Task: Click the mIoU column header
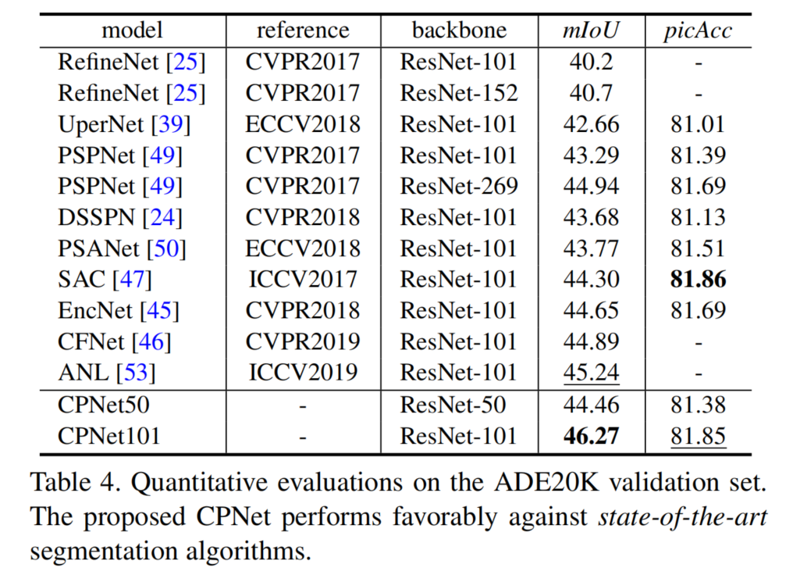tap(592, 30)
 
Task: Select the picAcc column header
tap(698, 30)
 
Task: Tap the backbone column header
tap(459, 30)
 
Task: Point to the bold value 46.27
tap(592, 435)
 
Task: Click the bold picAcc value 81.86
tap(698, 279)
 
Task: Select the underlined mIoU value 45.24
tap(592, 373)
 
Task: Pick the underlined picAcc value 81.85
tap(698, 435)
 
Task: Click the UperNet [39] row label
tap(124, 123)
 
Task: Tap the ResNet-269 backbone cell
tap(459, 186)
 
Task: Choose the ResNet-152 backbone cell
tap(459, 93)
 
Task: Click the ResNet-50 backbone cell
tap(453, 405)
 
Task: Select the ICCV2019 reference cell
tap(303, 373)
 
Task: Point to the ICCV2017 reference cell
tap(303, 279)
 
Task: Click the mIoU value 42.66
tap(592, 123)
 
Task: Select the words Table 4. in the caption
tap(76, 482)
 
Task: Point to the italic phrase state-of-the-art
tap(681, 517)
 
